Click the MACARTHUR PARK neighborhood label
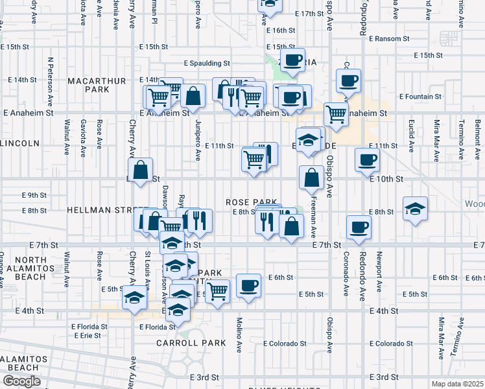pyautogui.click(x=97, y=84)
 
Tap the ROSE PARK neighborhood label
pyautogui.click(x=252, y=202)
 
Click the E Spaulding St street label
pyautogui.click(x=207, y=64)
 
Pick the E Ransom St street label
pyautogui.click(x=388, y=39)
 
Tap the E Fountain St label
pyautogui.click(x=420, y=97)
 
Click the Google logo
pyautogui.click(x=21, y=381)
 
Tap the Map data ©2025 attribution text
pyautogui.click(x=458, y=384)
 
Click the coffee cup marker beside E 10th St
pyautogui.click(x=367, y=159)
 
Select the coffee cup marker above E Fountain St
pyautogui.click(x=348, y=81)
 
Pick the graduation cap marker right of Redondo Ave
pyautogui.click(x=416, y=209)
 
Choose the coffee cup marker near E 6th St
pyautogui.click(x=248, y=285)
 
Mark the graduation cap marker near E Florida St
pyautogui.click(x=134, y=299)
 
